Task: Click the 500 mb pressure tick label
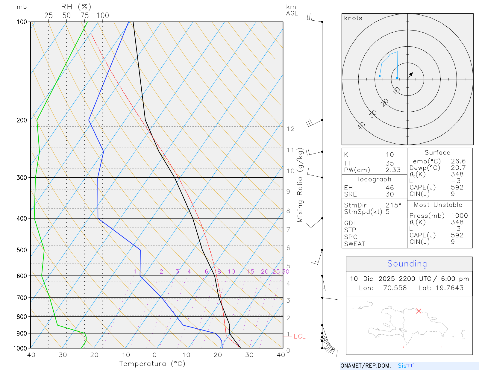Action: click(x=22, y=250)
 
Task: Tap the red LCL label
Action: click(x=299, y=336)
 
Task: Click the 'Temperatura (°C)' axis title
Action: click(x=152, y=364)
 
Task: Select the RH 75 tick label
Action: click(x=85, y=16)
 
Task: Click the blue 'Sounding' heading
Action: click(x=407, y=264)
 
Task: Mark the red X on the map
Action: click(x=419, y=311)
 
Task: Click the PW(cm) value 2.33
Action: click(x=393, y=170)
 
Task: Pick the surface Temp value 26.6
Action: click(x=458, y=161)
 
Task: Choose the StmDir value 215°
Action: click(x=393, y=205)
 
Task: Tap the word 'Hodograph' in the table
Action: click(x=373, y=179)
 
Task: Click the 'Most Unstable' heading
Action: click(x=438, y=205)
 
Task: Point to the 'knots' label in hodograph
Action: click(x=353, y=18)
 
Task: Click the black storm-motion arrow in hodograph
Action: click(x=411, y=74)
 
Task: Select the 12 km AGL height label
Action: click(x=290, y=129)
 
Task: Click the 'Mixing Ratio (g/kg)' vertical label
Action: click(x=300, y=185)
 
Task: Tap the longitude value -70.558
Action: click(x=392, y=288)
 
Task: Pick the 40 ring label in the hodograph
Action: click(x=361, y=125)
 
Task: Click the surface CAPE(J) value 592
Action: click(x=457, y=187)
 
